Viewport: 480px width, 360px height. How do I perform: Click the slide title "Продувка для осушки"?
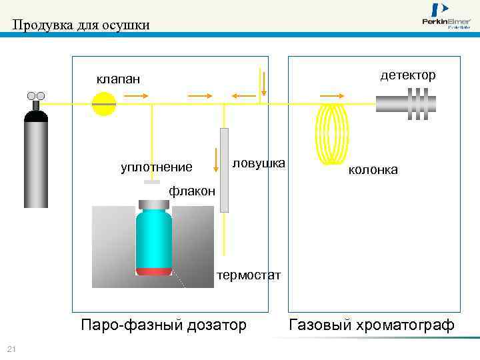pos(81,25)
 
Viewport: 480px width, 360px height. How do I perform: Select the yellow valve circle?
pos(104,104)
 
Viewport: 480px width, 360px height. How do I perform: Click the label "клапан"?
pos(118,79)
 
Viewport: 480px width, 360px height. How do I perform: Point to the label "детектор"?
pos(408,75)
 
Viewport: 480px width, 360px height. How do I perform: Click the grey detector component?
pos(407,104)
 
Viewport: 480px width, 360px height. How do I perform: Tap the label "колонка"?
pos(373,170)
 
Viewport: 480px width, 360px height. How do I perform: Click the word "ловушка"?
pos(259,163)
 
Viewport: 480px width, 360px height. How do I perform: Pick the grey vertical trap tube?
pos(224,169)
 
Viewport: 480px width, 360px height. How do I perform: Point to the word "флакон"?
pos(192,191)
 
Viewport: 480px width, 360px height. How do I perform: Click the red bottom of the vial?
pos(154,271)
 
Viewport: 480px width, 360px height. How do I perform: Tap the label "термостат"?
pos(249,275)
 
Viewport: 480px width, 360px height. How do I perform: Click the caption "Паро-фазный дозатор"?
pos(163,325)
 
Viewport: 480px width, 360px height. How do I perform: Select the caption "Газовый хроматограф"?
pos(371,325)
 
